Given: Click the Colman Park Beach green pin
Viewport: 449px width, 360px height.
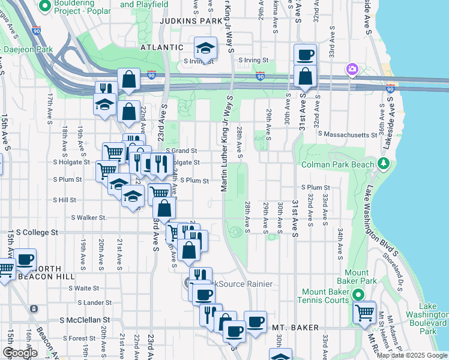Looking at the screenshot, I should point(383,163).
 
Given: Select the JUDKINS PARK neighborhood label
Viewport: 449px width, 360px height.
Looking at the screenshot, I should point(191,20).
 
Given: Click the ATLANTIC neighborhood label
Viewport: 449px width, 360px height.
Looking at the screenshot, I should point(161,47).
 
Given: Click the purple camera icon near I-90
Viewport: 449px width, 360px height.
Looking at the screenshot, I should point(351,70).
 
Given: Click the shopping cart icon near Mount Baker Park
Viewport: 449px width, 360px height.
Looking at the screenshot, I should point(364,313).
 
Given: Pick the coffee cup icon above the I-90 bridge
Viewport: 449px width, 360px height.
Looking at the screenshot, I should point(305,55).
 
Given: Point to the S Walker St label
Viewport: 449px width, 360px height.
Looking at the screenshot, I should point(89,218).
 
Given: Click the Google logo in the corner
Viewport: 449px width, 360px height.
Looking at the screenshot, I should point(20,353).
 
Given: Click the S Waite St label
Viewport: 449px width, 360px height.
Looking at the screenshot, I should point(88,288).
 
